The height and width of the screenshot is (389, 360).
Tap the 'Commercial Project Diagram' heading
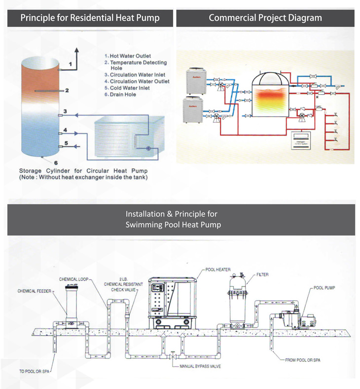click(265, 18)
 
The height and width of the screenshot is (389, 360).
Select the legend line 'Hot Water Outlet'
click(130, 56)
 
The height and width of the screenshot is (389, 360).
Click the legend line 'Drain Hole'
click(124, 94)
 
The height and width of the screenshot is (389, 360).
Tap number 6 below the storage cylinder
click(55, 161)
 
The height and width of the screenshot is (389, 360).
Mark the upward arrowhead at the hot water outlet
click(77, 50)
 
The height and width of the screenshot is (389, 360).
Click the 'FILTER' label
click(263, 274)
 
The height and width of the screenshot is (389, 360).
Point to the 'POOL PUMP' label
click(324, 287)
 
